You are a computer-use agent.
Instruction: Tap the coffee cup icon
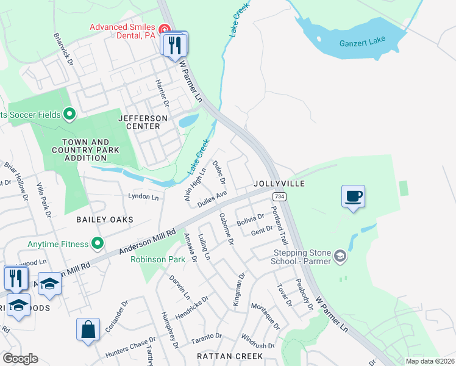click(x=353, y=196)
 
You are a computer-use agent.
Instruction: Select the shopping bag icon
click(x=88, y=329)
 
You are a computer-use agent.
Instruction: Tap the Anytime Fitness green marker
click(x=98, y=244)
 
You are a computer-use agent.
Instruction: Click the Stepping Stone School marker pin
click(x=340, y=257)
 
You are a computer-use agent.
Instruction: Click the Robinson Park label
click(x=158, y=259)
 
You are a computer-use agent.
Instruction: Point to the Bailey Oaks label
click(x=104, y=219)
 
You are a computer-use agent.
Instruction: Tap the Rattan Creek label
click(x=229, y=356)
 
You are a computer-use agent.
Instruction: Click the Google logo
click(x=20, y=359)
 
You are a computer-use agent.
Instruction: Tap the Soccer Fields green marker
click(x=69, y=114)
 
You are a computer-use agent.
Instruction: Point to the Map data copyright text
click(x=430, y=361)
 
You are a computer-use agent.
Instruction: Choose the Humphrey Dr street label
click(x=169, y=329)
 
